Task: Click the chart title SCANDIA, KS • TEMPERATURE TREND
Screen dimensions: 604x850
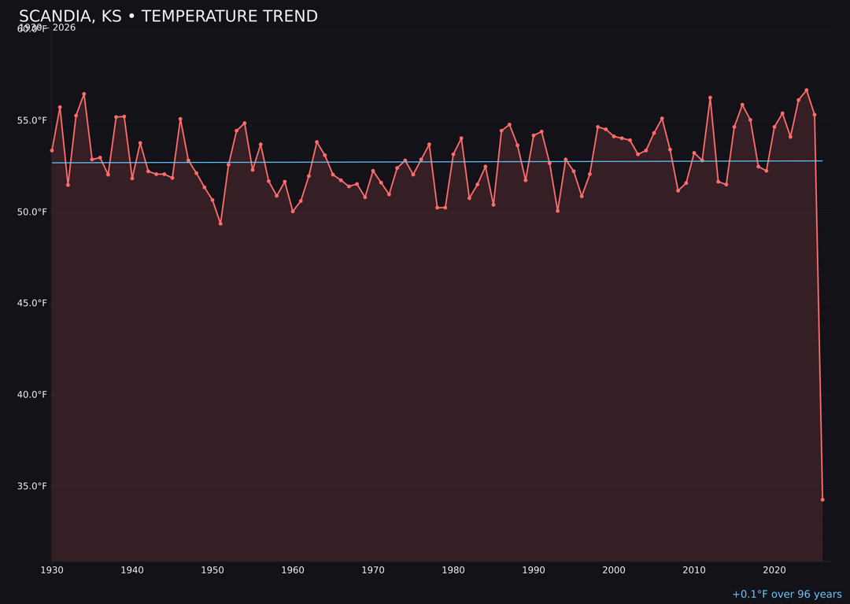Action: click(x=168, y=17)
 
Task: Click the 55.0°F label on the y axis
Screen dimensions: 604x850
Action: click(x=32, y=120)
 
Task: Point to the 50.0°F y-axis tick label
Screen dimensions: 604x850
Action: click(x=32, y=212)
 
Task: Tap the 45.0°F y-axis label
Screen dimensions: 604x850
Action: click(x=32, y=303)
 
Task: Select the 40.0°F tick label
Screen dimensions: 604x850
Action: click(x=32, y=394)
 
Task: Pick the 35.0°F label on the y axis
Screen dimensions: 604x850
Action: click(x=32, y=486)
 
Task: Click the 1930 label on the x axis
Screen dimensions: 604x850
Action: click(x=52, y=569)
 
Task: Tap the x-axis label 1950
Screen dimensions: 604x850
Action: click(x=213, y=569)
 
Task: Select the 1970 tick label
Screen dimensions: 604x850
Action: click(x=373, y=569)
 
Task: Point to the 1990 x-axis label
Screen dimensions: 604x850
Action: click(x=534, y=569)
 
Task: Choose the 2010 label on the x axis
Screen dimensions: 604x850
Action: click(x=694, y=569)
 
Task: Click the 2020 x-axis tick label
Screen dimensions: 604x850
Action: click(x=774, y=569)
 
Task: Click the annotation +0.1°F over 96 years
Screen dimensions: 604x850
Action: click(x=786, y=595)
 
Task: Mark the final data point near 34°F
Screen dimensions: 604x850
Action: click(x=822, y=499)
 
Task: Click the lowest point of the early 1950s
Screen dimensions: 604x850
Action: click(x=220, y=223)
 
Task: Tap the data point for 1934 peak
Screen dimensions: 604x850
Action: click(x=84, y=94)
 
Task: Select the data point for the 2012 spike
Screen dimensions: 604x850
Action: click(x=710, y=98)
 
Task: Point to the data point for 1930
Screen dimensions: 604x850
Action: click(x=52, y=150)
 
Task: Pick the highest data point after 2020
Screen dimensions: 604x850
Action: click(x=807, y=90)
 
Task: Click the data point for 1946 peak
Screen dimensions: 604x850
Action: click(x=180, y=119)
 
